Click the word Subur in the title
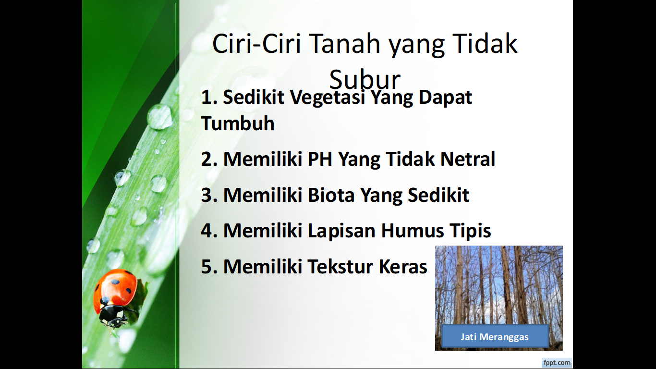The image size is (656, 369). [x=364, y=79]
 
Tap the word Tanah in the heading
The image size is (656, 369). [x=344, y=44]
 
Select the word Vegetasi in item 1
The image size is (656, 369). [x=328, y=98]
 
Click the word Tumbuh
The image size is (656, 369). [x=238, y=123]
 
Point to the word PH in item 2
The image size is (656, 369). [x=320, y=159]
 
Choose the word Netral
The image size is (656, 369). [x=467, y=159]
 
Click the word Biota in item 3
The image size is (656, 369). [x=331, y=195]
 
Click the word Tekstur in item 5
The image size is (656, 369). [x=340, y=267]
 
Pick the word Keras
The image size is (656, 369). [x=403, y=267]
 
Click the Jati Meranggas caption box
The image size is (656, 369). [x=495, y=336]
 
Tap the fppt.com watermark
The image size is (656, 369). [x=557, y=363]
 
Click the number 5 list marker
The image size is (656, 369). [x=209, y=267]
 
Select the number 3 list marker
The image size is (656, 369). [x=209, y=195]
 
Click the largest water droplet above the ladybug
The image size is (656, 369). [x=159, y=117]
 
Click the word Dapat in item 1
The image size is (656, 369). [x=445, y=98]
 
